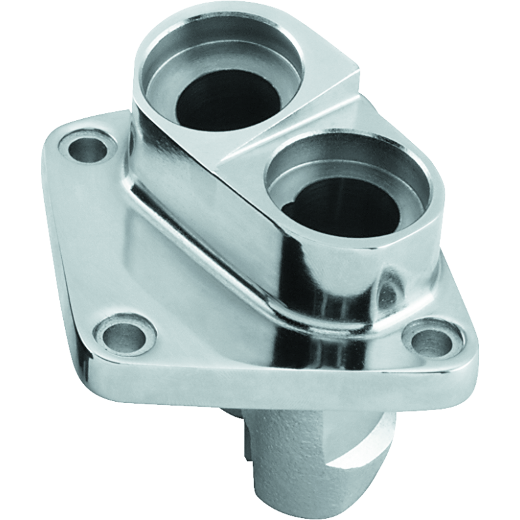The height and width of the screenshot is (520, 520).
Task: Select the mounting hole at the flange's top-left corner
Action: click(x=86, y=149)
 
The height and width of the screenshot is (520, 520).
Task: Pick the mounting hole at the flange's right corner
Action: click(x=430, y=337)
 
